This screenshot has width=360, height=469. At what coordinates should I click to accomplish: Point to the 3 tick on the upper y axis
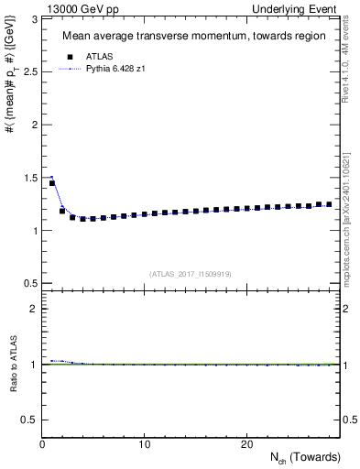click(x=34, y=18)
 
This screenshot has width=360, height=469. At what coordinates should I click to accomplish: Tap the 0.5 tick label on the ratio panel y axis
click(x=28, y=420)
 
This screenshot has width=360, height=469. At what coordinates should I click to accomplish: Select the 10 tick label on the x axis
click(x=145, y=444)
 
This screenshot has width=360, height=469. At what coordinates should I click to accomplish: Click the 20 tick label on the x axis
click(x=246, y=444)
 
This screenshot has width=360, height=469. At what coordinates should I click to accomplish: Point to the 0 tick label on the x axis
click(x=43, y=444)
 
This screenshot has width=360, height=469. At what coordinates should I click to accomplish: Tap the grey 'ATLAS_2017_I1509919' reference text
click(x=193, y=273)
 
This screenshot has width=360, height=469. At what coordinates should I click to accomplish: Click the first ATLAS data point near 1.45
click(x=52, y=183)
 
